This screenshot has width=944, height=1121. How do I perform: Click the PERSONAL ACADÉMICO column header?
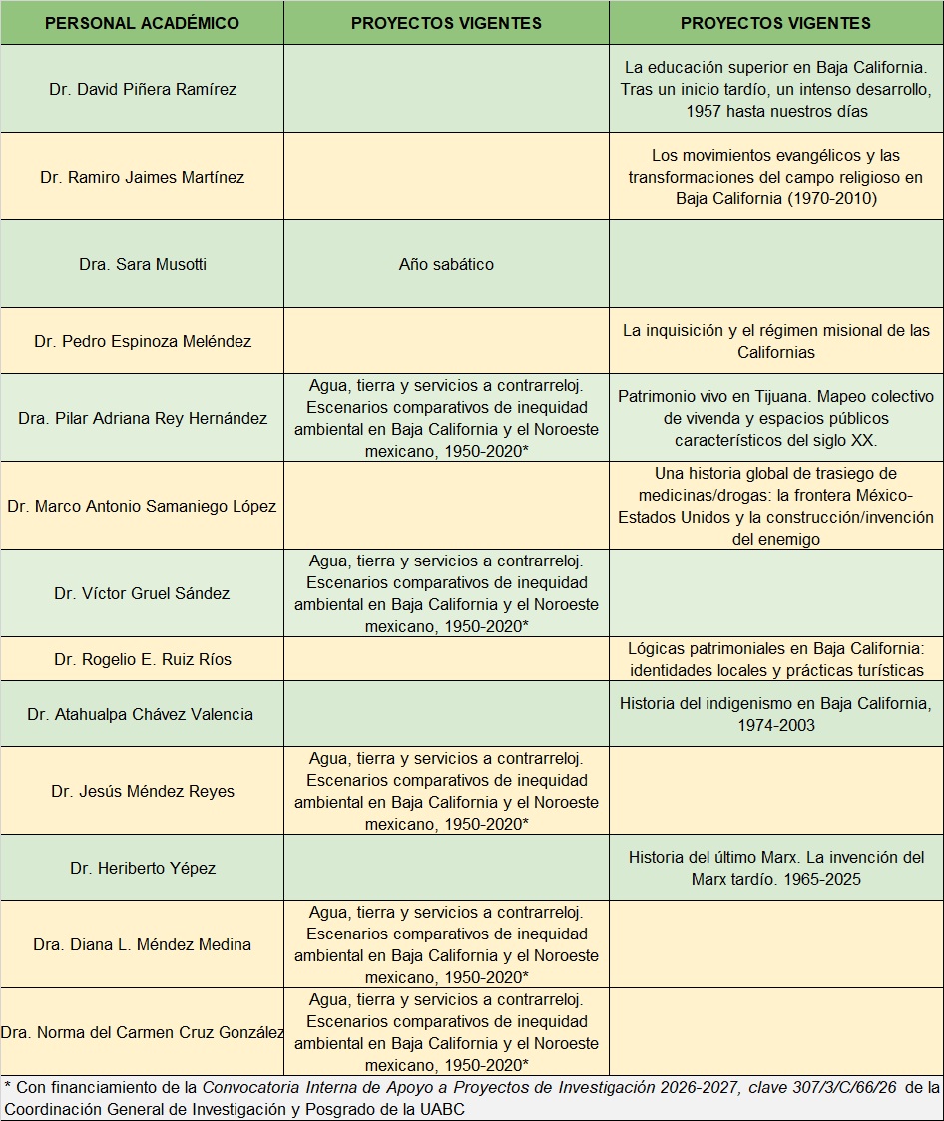(142, 23)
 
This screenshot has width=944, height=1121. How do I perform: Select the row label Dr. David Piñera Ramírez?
(143, 89)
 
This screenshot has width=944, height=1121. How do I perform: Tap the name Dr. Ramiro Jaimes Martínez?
(143, 177)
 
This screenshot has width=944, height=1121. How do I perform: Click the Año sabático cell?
(446, 264)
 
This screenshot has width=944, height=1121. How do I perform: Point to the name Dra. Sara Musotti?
(143, 264)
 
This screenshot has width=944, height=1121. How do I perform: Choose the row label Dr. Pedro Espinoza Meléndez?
(143, 341)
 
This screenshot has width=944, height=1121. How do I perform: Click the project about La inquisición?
(776, 341)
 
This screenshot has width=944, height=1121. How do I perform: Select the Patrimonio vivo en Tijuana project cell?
(776, 418)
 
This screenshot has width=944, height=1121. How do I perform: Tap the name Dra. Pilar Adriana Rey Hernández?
(143, 418)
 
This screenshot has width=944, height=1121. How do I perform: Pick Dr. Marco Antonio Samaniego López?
(142, 506)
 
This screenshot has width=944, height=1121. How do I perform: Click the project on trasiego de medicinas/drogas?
(776, 506)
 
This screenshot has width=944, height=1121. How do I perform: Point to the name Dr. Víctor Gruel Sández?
(142, 593)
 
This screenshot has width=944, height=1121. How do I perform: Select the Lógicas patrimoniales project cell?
(776, 659)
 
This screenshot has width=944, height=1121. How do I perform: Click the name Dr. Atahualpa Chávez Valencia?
(141, 714)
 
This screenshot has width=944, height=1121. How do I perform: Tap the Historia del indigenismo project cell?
(776, 714)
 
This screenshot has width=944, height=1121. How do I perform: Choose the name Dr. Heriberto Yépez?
(142, 868)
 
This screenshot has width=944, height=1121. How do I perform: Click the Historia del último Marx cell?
(776, 868)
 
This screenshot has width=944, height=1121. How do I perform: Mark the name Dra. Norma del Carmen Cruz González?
(143, 1032)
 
